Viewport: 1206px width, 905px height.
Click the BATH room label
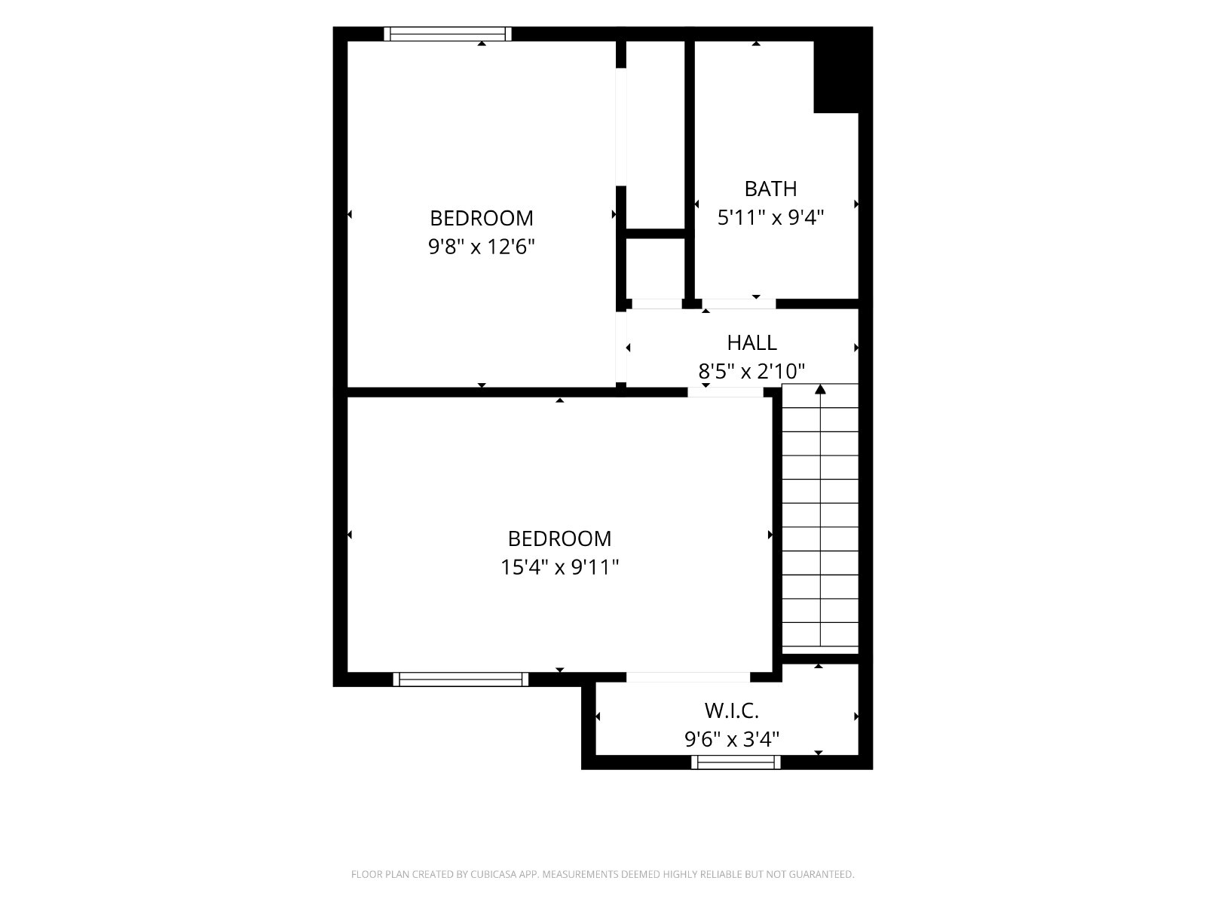pos(770,189)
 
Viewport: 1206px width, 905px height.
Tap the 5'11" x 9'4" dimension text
pos(770,218)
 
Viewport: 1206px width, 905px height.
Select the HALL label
pos(751,343)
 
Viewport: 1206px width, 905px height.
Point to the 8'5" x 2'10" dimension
pos(751,372)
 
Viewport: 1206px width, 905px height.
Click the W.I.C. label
pos(731,711)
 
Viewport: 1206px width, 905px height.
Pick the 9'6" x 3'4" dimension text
pos(731,740)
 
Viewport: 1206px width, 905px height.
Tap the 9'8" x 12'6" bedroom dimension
pos(482,247)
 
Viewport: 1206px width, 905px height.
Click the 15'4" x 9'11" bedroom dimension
pos(559,567)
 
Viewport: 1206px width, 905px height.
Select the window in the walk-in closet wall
pos(736,762)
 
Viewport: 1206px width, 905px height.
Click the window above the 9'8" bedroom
pos(447,34)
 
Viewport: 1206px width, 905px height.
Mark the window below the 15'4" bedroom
pos(461,680)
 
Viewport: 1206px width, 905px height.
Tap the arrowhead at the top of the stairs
pos(820,389)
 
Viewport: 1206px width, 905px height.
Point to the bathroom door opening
pos(739,304)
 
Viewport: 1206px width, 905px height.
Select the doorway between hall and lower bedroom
pos(725,392)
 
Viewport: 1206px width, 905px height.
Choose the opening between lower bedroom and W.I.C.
pos(688,677)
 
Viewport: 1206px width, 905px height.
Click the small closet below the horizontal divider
pos(656,268)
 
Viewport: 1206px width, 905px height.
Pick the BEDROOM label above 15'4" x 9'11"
pos(559,538)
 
